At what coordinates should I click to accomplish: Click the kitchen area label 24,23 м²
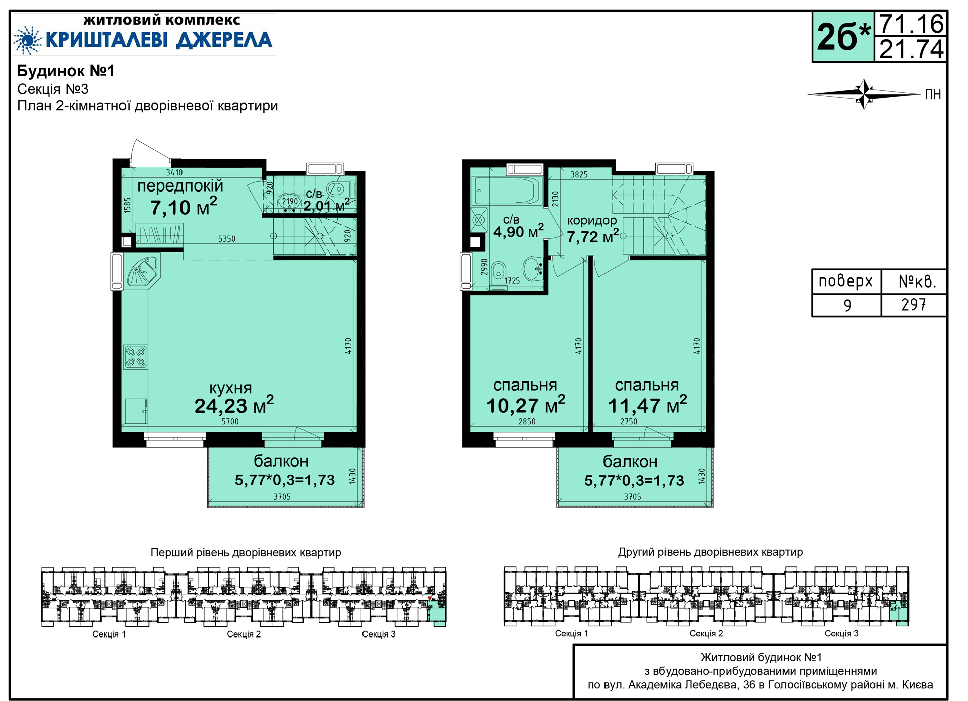(234, 405)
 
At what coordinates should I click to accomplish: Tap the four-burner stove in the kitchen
(136, 357)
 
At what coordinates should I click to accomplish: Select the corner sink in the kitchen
(143, 271)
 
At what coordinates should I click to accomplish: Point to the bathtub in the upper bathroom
(507, 190)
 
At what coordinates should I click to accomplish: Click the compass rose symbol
(864, 94)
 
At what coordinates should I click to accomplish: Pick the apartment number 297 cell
(914, 305)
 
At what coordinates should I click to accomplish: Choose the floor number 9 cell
(847, 305)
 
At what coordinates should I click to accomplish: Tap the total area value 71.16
(912, 24)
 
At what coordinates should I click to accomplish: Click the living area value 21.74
(912, 49)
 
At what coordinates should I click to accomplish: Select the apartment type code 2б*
(843, 37)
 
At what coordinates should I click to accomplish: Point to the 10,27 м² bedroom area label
(525, 405)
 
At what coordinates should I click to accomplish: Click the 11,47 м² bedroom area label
(647, 405)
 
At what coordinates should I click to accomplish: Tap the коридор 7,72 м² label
(592, 229)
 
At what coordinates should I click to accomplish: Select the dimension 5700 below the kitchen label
(230, 421)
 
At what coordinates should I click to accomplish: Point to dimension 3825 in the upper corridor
(579, 175)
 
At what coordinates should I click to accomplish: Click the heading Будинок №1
(66, 71)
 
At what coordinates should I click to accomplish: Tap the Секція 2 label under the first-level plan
(244, 634)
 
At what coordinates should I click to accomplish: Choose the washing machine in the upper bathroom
(479, 220)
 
